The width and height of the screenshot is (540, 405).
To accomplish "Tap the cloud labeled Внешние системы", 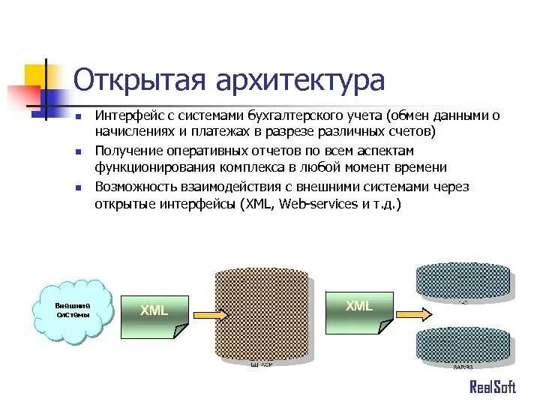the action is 73,310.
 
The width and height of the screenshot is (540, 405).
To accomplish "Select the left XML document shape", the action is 155,314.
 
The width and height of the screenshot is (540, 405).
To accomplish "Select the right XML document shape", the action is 359,310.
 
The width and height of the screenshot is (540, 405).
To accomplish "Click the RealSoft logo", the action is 492,387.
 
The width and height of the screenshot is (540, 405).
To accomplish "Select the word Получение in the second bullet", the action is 126,151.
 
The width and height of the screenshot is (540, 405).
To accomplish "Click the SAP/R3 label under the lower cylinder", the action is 463,367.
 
